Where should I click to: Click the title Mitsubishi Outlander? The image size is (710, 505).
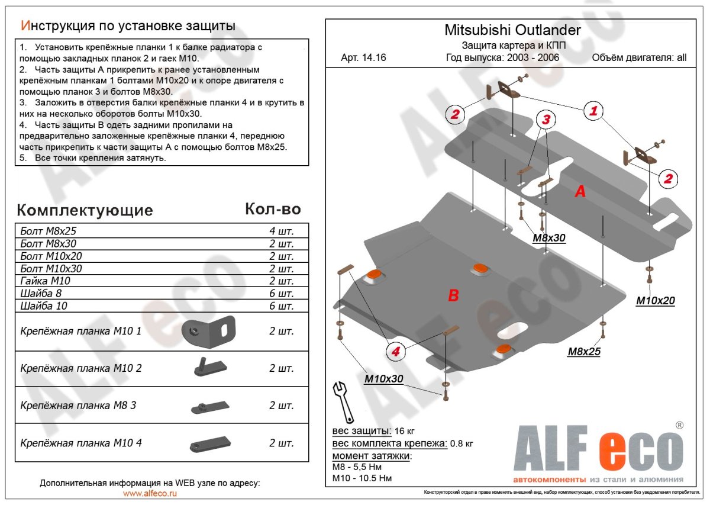tap(512, 30)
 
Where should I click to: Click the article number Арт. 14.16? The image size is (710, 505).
tap(363, 58)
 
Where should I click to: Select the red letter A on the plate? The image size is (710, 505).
tap(580, 191)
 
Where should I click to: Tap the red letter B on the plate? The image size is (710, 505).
tap(453, 295)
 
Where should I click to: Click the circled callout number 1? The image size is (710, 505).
tap(593, 110)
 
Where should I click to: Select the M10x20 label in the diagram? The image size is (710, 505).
tap(655, 301)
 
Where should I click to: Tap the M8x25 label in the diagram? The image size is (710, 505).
tap(584, 352)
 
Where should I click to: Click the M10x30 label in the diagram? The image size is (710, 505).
tap(383, 378)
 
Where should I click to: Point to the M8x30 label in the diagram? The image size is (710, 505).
tap(548, 238)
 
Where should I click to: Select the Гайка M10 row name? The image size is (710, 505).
tap(41, 281)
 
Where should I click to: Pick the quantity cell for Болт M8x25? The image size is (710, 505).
tap(281, 231)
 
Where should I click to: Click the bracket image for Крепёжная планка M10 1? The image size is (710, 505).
tap(208, 332)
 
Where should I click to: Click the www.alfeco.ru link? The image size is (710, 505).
tap(150, 493)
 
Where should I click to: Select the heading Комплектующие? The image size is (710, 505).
tap(85, 210)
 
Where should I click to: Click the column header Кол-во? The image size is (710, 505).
tap(273, 209)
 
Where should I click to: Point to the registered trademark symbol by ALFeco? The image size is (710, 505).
tap(680, 425)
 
